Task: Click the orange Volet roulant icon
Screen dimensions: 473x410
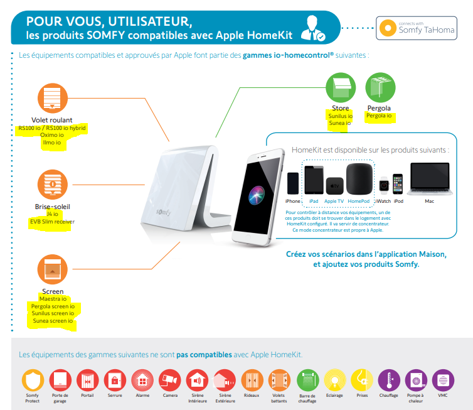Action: pyautogui.click(x=53, y=98)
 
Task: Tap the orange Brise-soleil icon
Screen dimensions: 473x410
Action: pyautogui.click(x=53, y=185)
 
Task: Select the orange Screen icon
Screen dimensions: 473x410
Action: pyautogui.click(x=53, y=269)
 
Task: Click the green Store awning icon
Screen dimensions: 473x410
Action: pyautogui.click(x=341, y=87)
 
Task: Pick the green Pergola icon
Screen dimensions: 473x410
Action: pyautogui.click(x=380, y=87)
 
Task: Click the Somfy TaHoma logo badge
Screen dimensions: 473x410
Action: pyautogui.click(x=417, y=28)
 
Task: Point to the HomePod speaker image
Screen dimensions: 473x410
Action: pyautogui.click(x=359, y=179)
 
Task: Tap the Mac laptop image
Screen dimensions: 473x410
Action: pyautogui.click(x=430, y=179)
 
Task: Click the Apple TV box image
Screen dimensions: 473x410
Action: pyautogui.click(x=334, y=186)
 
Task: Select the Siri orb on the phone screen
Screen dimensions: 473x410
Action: pyautogui.click(x=257, y=195)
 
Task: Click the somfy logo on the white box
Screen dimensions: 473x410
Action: pyautogui.click(x=164, y=212)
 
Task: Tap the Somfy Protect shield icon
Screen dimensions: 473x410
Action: pyautogui.click(x=33, y=380)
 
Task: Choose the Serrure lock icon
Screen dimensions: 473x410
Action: pyautogui.click(x=115, y=380)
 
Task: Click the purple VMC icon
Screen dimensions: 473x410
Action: pyautogui.click(x=443, y=380)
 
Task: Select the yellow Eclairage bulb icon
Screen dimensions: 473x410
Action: pyautogui.click(x=334, y=380)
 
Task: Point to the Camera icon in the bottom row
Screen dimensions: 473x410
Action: pyautogui.click(x=170, y=380)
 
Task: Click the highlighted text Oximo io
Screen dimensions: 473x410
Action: pyautogui.click(x=52, y=135)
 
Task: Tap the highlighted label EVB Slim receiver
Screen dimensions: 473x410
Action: pyautogui.click(x=52, y=222)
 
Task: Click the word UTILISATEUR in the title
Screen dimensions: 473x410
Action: pyautogui.click(x=150, y=21)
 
